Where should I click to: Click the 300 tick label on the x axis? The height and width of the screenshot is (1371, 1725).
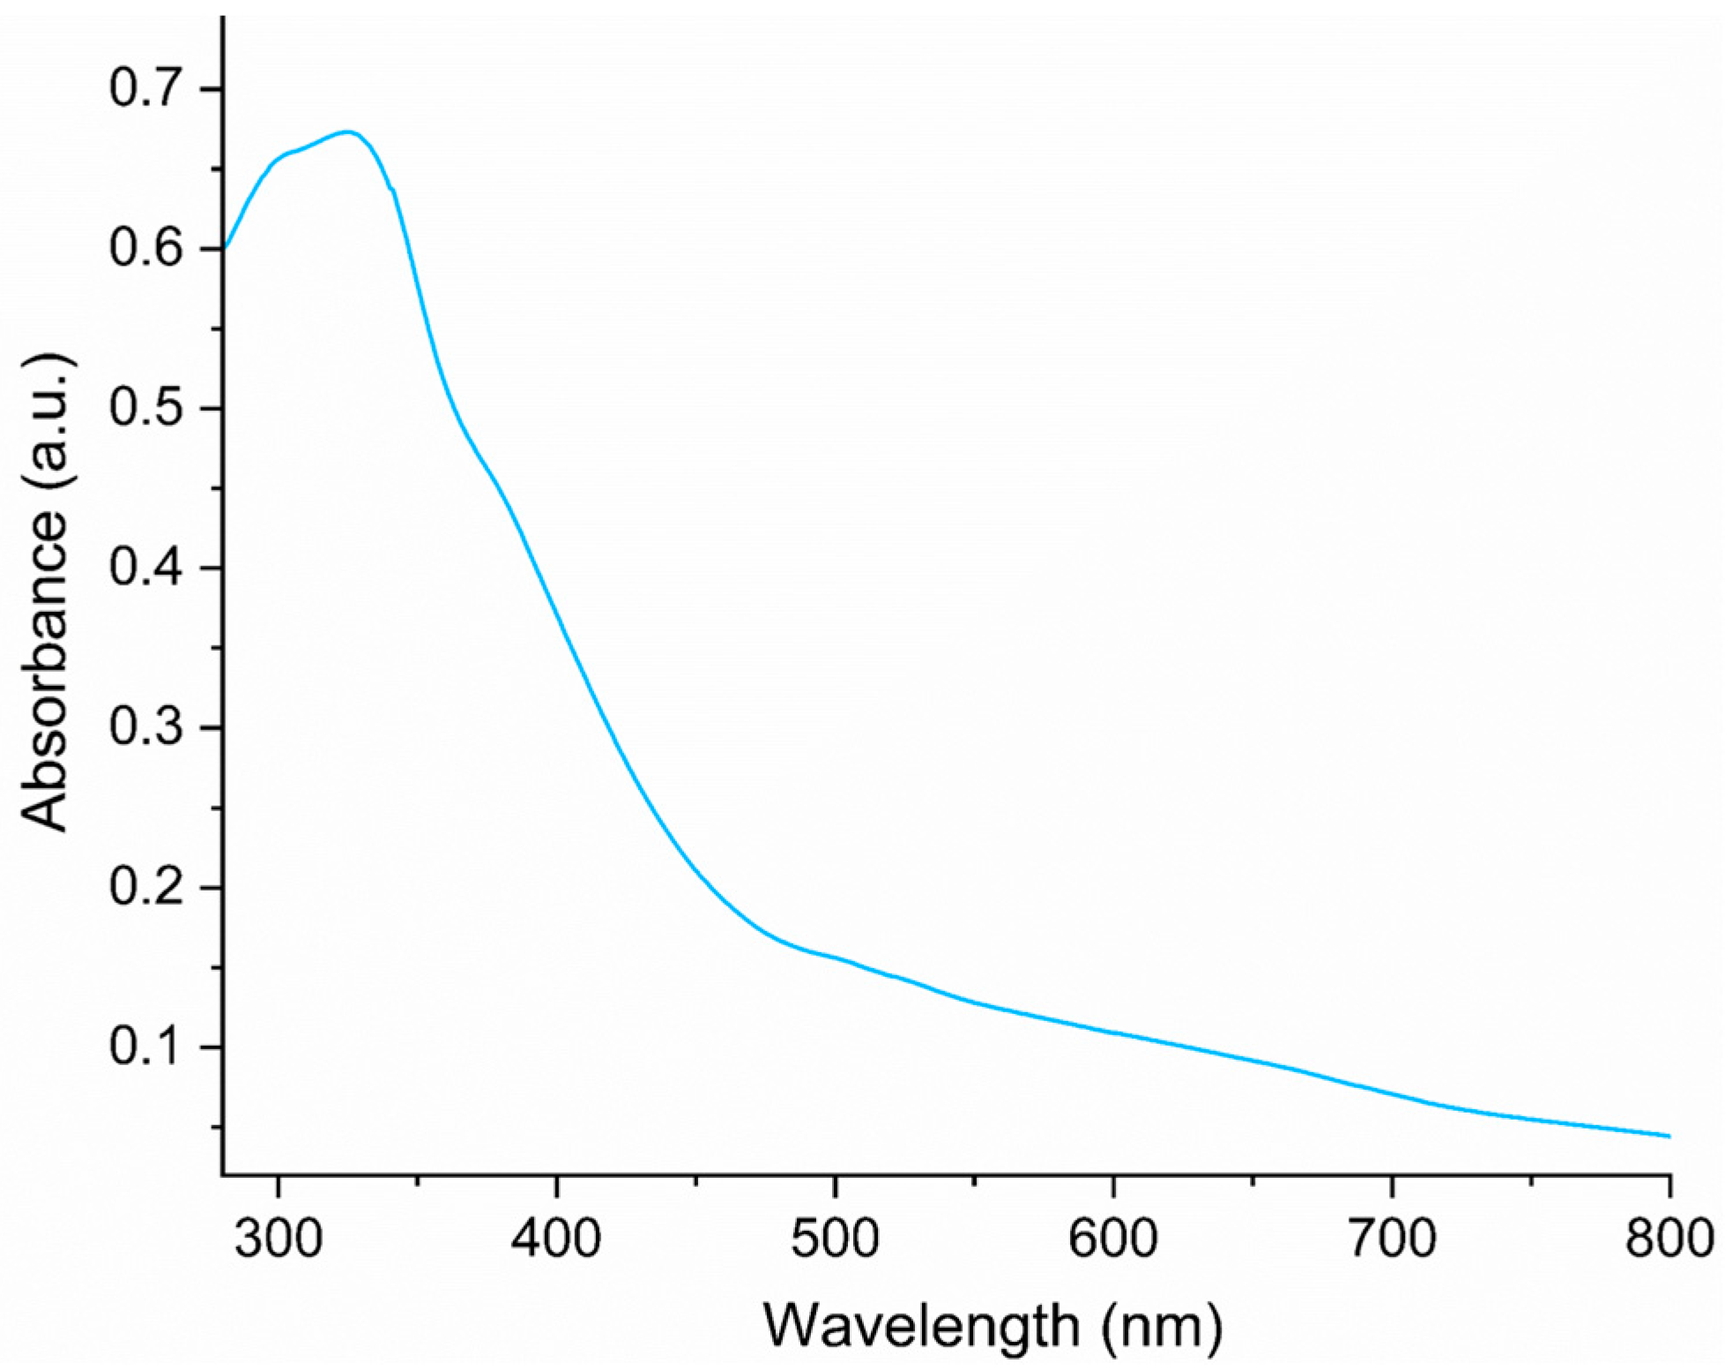point(278,1239)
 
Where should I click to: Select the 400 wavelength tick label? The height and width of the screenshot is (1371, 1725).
point(556,1239)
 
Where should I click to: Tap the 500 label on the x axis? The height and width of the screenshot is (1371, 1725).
point(835,1239)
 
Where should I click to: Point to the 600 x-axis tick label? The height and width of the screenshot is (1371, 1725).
point(1113,1239)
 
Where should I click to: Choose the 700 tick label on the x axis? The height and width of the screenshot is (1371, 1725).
point(1392,1239)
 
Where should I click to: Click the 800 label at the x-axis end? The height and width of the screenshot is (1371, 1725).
point(1669,1239)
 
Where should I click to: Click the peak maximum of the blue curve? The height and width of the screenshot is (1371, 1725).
point(348,132)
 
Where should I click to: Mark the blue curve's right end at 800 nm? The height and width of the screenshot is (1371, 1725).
point(1669,1136)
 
